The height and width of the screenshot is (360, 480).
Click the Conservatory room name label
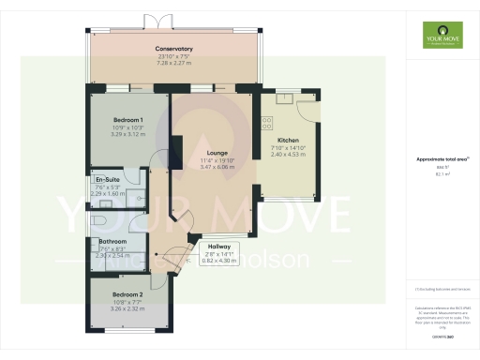coord(175,48)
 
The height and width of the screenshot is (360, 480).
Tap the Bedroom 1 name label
coord(127,120)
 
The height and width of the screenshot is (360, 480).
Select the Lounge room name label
coord(217,153)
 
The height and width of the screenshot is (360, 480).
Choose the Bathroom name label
coord(113,241)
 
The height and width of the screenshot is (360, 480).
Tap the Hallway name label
coord(219,247)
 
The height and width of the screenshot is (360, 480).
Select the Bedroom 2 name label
coord(127,293)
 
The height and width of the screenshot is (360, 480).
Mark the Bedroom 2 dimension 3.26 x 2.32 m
coord(127,307)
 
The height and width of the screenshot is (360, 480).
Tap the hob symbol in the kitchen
coord(266,122)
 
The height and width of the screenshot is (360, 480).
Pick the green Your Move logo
coord(437,40)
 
